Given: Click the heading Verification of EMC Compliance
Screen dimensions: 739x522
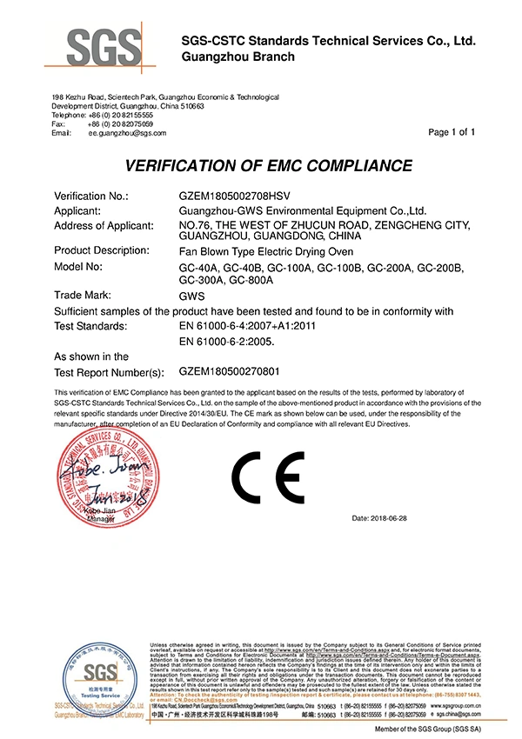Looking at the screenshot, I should point(268,166).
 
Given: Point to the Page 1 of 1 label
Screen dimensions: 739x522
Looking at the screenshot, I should point(452,132).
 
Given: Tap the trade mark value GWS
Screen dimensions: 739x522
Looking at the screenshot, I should point(191,296).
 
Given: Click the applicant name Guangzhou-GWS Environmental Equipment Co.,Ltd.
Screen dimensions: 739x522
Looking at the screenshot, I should point(301,210).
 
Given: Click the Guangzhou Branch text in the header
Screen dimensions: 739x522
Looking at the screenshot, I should point(237,57).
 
